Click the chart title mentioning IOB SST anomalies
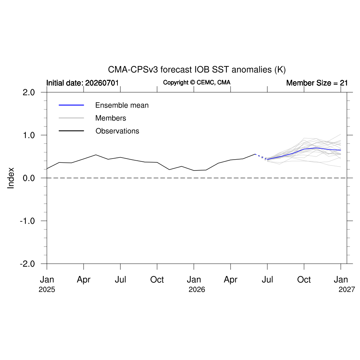click(197, 70)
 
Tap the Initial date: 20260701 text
click(82, 83)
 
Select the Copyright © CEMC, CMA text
click(197, 82)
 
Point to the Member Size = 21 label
click(317, 83)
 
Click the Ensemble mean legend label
click(122, 105)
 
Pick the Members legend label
click(111, 118)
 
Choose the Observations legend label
click(117, 131)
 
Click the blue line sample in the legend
click(71, 105)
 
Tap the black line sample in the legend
click(71, 131)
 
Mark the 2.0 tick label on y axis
click(29, 92)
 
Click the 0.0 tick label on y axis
click(29, 178)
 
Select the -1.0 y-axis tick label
click(27, 221)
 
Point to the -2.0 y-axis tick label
click(27, 264)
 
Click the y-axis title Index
click(11, 178)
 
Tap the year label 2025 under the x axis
click(47, 290)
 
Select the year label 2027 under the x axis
click(347, 290)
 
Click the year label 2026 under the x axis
click(197, 290)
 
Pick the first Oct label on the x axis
click(157, 279)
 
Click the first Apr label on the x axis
click(84, 279)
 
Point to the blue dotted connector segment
click(261, 156)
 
